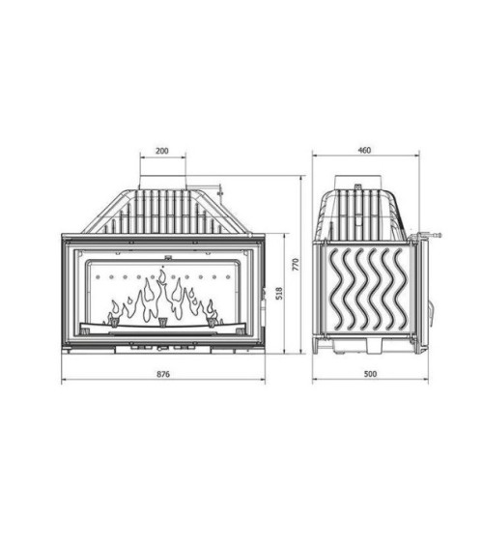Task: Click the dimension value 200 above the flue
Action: pos(161,152)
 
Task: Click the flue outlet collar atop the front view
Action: pos(162,182)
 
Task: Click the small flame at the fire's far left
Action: pos(116,310)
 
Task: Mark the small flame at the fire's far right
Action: pos(210,310)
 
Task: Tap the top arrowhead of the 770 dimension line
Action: pos(303,179)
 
